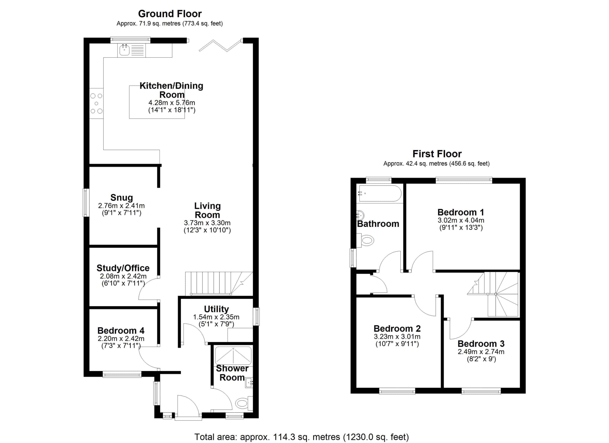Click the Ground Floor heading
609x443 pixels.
tap(170, 14)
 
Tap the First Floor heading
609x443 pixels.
tap(437, 154)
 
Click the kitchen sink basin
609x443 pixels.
tap(124, 50)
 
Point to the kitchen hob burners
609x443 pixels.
tap(96, 103)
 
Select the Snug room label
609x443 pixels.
tap(122, 198)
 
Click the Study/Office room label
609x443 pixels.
tap(123, 268)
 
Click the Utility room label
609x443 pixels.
tap(216, 309)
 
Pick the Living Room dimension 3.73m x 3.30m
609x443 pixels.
tap(207, 223)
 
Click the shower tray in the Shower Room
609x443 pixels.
tap(233, 356)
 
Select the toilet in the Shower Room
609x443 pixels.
tap(244, 403)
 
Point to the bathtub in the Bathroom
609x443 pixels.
tap(380, 193)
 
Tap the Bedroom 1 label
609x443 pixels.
tap(461, 212)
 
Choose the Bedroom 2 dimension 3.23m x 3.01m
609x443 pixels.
tap(397, 337)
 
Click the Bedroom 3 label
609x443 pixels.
tap(481, 344)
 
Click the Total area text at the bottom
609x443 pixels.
tap(302, 437)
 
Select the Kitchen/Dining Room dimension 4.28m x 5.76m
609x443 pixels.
tap(172, 103)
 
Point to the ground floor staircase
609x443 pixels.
tap(219, 284)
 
